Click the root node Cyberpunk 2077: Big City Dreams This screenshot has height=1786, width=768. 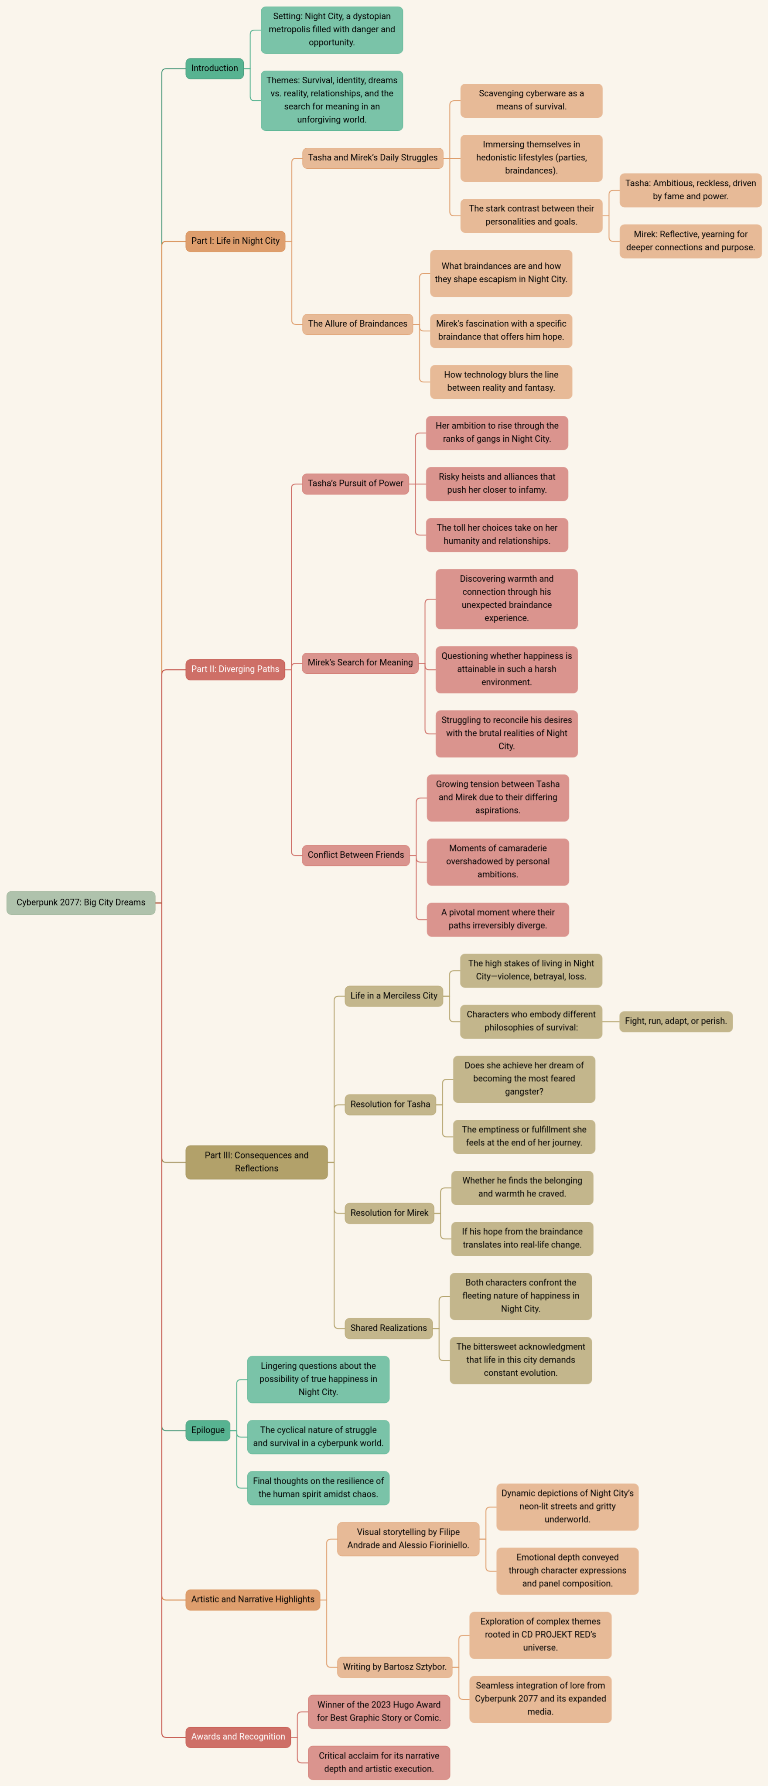(81, 902)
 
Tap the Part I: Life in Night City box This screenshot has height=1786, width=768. (235, 241)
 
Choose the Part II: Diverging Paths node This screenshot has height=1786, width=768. (235, 669)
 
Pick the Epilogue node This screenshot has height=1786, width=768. (208, 1430)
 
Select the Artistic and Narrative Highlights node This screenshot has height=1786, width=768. (253, 1599)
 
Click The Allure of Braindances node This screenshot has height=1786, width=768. (358, 324)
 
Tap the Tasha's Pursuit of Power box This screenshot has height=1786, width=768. (355, 483)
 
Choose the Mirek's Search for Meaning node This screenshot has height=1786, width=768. (360, 662)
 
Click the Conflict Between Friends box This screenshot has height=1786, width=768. (355, 855)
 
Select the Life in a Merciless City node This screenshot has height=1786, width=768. (394, 995)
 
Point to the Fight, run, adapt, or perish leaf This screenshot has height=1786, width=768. (676, 1021)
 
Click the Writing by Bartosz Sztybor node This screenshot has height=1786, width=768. (394, 1667)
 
